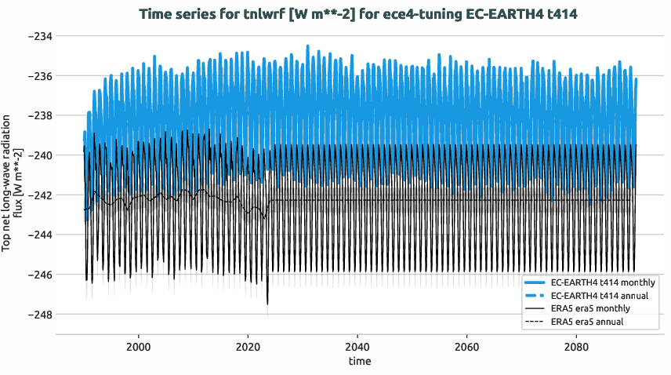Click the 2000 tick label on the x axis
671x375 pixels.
[x=138, y=347]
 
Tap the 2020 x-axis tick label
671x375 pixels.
[x=248, y=347]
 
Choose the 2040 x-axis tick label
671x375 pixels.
[x=357, y=347]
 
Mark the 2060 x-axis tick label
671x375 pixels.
[x=466, y=347]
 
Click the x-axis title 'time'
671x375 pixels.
[x=361, y=362]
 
